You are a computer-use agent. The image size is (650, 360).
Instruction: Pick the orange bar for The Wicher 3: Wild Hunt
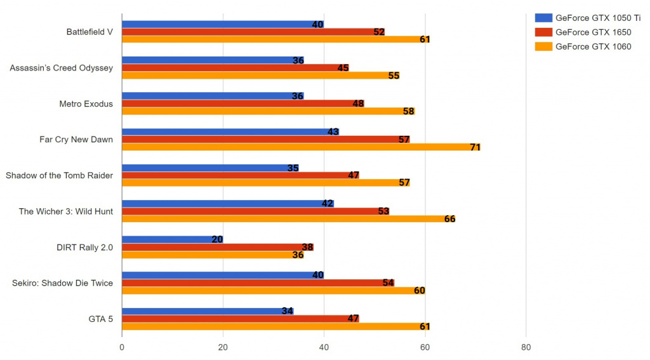click(286, 219)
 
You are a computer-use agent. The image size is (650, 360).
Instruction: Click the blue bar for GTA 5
click(203, 311)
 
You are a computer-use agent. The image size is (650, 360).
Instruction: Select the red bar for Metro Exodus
click(241, 103)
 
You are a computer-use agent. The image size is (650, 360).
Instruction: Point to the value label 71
click(475, 147)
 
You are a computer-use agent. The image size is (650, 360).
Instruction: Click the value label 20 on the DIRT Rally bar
click(217, 239)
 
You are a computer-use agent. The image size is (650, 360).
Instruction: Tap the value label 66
click(449, 219)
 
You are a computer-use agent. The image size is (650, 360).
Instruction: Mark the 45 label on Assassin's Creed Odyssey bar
click(343, 68)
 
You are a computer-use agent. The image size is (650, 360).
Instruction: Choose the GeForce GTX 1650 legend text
click(593, 32)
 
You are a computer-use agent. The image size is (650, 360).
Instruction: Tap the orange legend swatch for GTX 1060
click(543, 46)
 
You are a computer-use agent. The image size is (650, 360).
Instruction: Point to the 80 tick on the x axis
click(526, 347)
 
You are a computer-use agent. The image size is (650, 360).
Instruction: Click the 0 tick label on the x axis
click(122, 347)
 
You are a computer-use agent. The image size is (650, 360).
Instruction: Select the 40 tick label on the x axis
click(324, 347)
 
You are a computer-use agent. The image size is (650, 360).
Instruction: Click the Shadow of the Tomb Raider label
click(59, 175)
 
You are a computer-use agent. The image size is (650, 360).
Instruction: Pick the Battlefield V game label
click(90, 32)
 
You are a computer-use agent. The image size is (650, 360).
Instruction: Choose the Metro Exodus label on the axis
click(86, 103)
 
